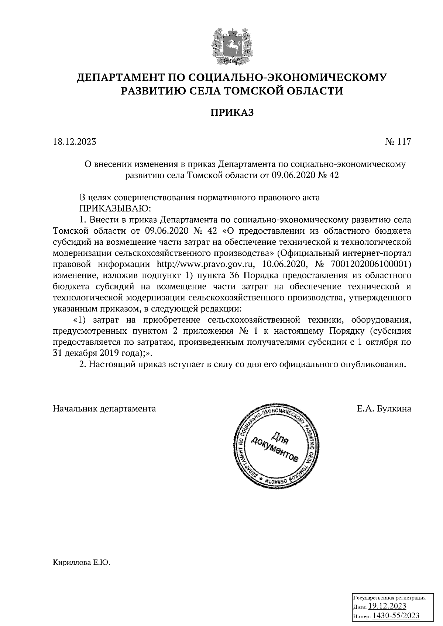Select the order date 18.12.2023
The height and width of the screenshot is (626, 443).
[75, 142]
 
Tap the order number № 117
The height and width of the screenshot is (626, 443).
[397, 142]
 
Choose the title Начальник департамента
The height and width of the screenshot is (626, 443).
[104, 408]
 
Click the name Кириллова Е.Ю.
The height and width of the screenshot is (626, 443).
[82, 563]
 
